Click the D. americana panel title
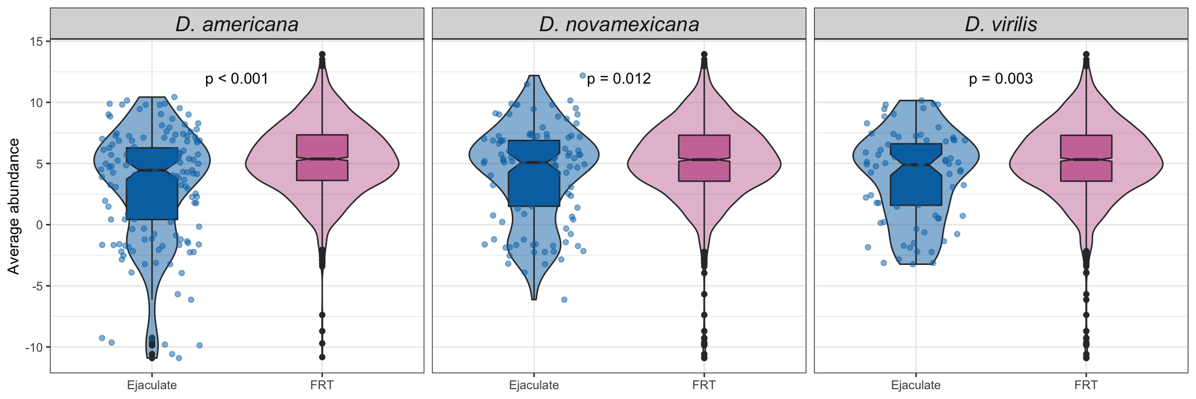click(x=237, y=24)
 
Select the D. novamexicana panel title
click(x=619, y=24)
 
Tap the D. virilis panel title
click(x=1001, y=24)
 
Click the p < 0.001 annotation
click(x=237, y=79)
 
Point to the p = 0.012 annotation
click(x=619, y=79)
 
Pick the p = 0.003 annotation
click(x=1001, y=79)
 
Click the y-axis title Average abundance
click(x=13, y=206)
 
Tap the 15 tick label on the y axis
click(x=36, y=42)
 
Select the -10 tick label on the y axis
click(x=34, y=347)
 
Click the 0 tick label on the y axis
click(x=39, y=225)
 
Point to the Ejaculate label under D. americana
click(x=152, y=385)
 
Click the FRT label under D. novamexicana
click(x=704, y=385)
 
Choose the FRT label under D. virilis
click(x=1086, y=385)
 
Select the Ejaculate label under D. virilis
click(x=916, y=385)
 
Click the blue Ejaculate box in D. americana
click(x=152, y=192)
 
